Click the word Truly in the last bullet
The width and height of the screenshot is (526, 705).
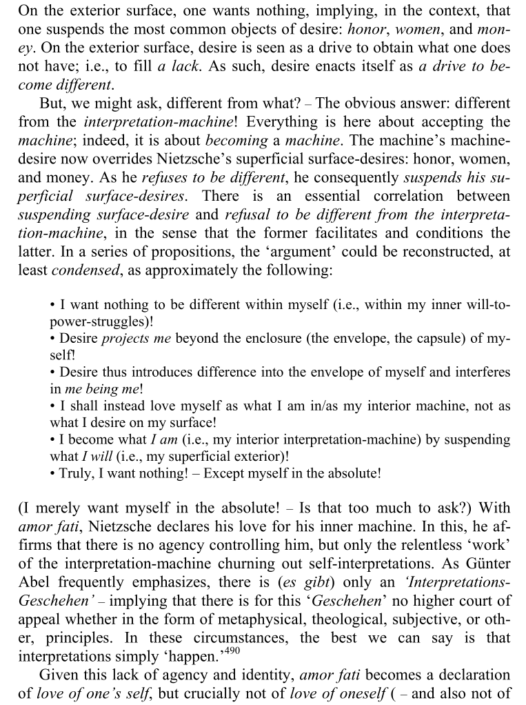pos(77,474)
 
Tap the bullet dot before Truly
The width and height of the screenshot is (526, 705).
pos(53,474)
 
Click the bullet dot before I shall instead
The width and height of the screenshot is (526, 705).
pos(53,406)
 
